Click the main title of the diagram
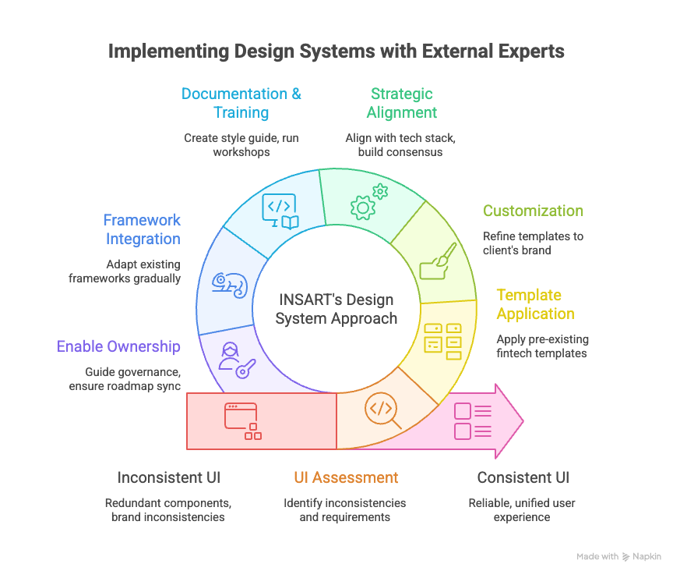[x=336, y=51]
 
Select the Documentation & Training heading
[x=241, y=103]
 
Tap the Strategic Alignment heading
[x=401, y=103]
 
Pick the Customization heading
[x=533, y=211]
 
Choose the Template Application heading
[x=535, y=304]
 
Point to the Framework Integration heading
[x=142, y=229]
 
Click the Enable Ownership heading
[x=118, y=346]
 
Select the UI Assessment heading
[x=346, y=477]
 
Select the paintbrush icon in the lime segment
[x=438, y=261]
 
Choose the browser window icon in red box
[x=242, y=420]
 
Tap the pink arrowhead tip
[x=520, y=421]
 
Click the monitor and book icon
[x=280, y=211]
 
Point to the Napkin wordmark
[x=647, y=556]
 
